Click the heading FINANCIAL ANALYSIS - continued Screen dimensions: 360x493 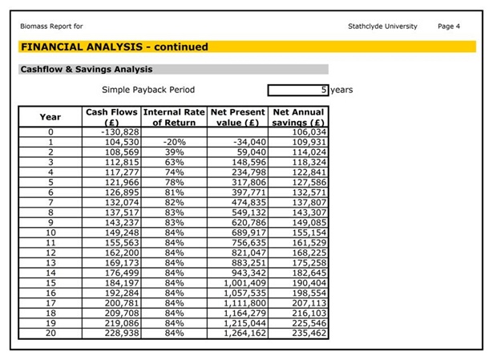pyautogui.click(x=115, y=47)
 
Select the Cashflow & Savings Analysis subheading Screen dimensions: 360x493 pyautogui.click(x=87, y=70)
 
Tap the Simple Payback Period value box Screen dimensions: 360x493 pyautogui.click(x=298, y=90)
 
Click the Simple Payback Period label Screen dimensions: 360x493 pyautogui.click(x=148, y=90)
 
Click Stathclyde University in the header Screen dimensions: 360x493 pyautogui.click(x=382, y=26)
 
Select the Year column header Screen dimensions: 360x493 pyautogui.click(x=50, y=117)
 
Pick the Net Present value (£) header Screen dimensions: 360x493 pyautogui.click(x=237, y=117)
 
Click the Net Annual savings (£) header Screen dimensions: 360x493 pyautogui.click(x=298, y=117)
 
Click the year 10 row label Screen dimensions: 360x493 pyautogui.click(x=50, y=233)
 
